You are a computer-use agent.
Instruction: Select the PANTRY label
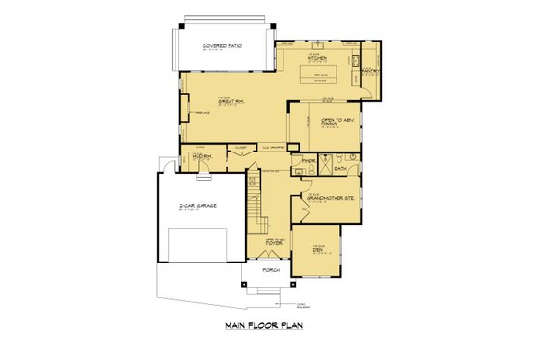tap(368, 70)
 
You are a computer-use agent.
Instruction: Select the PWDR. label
tap(309, 159)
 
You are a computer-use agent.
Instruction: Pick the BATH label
tap(340, 167)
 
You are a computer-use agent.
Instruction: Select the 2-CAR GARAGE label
tap(199, 206)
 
